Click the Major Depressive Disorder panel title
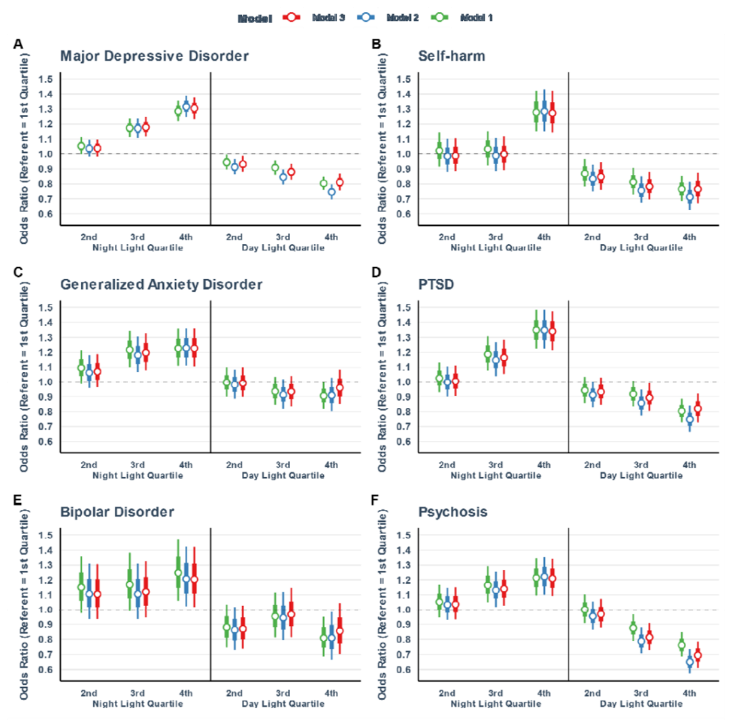click(153, 56)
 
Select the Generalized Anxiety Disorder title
click(161, 284)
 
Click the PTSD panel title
click(433, 284)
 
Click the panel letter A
click(18, 44)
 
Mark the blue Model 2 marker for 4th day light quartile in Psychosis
click(689, 663)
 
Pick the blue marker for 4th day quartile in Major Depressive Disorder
click(331, 192)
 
